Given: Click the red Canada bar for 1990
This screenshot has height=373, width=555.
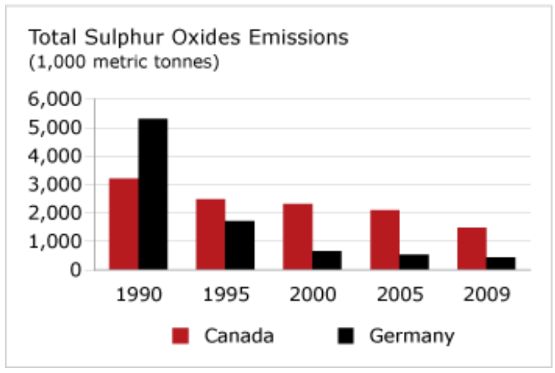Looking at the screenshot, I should [124, 224].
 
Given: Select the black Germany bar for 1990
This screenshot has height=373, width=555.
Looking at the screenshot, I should [153, 194].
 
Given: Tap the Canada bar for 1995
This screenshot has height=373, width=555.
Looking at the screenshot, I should [210, 234].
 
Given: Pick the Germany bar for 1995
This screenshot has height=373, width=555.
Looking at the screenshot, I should [240, 245].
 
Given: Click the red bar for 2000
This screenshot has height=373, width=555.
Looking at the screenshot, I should [298, 237].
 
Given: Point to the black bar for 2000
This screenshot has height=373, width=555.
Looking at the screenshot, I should [327, 260].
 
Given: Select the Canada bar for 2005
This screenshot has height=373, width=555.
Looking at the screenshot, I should [385, 240].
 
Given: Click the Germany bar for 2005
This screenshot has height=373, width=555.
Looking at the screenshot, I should [414, 262].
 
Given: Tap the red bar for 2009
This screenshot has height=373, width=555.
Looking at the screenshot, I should [471, 249].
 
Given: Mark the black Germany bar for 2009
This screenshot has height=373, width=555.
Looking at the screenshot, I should [501, 263].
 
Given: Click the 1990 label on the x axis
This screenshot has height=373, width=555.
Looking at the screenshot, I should [138, 294].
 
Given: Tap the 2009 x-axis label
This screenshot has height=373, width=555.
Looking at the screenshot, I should [486, 294].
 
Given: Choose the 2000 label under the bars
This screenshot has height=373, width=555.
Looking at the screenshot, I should [312, 294].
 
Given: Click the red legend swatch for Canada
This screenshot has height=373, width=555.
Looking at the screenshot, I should [180, 337].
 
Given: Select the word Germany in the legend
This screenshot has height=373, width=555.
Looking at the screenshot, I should [411, 337].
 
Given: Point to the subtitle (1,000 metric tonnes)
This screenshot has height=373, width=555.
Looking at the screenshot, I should [124, 63].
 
